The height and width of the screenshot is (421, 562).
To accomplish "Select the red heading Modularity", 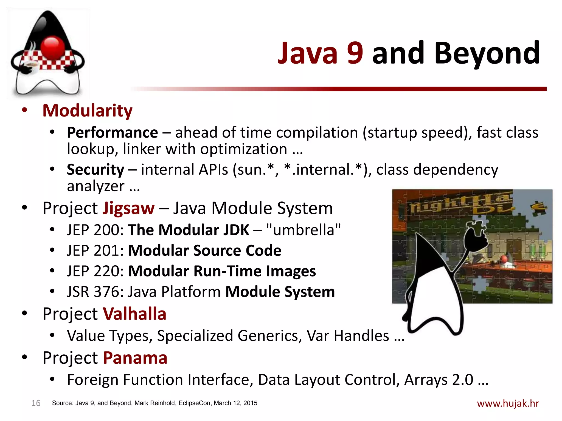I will click(87, 111).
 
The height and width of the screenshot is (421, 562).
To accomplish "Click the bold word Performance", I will click(112, 133).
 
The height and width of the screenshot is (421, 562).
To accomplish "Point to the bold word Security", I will click(95, 169).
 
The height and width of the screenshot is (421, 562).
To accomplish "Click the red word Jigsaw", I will click(128, 208).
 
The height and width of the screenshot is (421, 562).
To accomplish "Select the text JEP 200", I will click(95, 230).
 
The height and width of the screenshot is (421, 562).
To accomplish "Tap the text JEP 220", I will click(95, 271).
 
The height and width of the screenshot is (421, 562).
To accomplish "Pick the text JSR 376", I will click(95, 292).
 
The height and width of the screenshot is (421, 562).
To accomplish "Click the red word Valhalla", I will click(134, 314).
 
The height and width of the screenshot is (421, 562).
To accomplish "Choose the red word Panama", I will click(135, 358).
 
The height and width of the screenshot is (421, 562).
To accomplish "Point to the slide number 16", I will click(36, 403).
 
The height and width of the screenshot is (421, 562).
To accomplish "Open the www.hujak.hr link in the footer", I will click(508, 403).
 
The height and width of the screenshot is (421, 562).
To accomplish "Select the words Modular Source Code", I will click(205, 251).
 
